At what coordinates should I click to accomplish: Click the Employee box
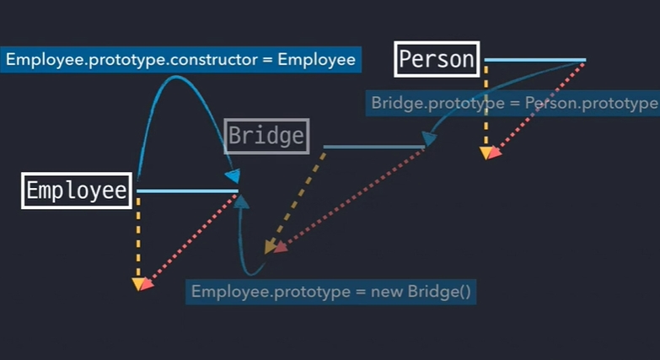77,191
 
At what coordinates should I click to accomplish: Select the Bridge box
266,136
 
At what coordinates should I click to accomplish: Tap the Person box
437,59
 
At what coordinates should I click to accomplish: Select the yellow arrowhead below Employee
137,284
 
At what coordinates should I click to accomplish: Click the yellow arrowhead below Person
486,153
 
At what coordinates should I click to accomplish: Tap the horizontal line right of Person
534,60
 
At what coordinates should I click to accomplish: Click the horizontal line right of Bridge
374,147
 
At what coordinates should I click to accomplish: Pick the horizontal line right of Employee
187,191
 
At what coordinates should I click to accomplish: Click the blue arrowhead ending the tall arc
232,175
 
